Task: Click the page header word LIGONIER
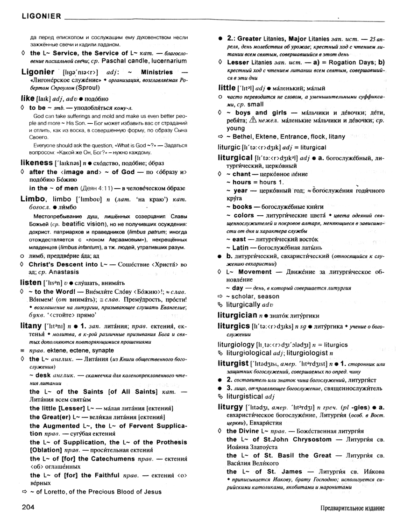pos(35,17)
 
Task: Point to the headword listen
pos(31,283)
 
